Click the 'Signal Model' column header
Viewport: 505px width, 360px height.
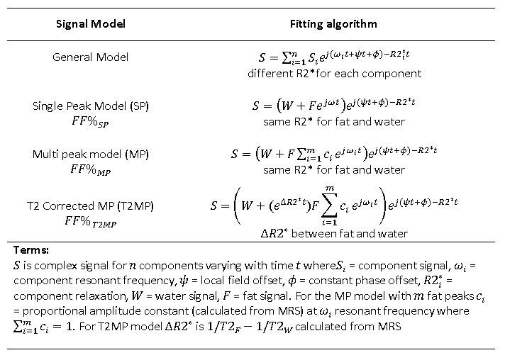pos(91,24)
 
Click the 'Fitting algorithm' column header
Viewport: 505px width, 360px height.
pos(333,24)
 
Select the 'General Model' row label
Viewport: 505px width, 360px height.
pos(91,57)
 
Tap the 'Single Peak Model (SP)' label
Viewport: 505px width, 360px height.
pos(91,106)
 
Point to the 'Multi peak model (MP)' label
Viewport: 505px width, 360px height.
pos(91,154)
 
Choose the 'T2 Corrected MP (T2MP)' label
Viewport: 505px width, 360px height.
pos(90,206)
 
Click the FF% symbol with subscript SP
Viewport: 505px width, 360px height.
pos(90,122)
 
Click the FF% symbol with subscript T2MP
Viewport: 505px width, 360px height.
pos(90,222)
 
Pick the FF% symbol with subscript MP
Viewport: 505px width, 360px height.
pos(90,169)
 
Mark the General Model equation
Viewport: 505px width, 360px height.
pos(334,57)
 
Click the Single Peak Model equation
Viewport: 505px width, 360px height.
pos(334,105)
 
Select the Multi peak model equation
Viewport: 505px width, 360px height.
pos(334,153)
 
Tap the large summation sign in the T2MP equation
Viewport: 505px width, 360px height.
pos(329,206)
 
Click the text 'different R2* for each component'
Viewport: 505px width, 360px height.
pos(334,74)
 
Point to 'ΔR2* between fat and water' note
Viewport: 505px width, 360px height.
pos(334,233)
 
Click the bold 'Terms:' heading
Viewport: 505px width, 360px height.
pos(31,250)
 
